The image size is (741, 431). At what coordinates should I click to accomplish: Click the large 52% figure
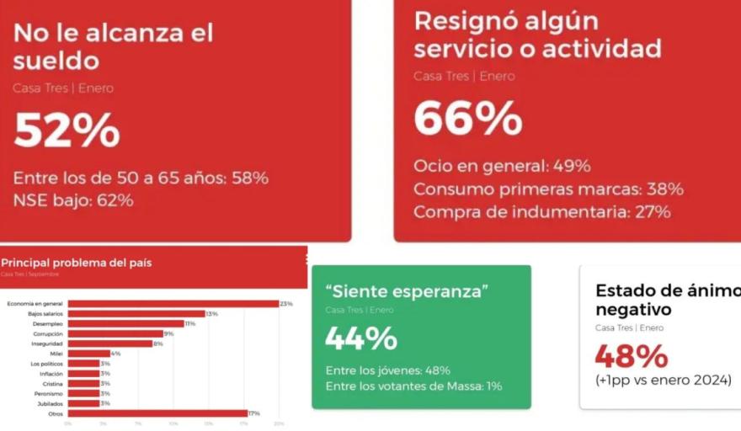[67, 130]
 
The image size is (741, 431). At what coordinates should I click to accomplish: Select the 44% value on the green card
[361, 338]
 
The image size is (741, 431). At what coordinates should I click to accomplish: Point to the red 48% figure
[632, 356]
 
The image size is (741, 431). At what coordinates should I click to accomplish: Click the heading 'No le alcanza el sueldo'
[113, 46]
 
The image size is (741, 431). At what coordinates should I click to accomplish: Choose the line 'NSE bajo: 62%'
[73, 200]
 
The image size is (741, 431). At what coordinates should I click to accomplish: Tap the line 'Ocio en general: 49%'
[502, 166]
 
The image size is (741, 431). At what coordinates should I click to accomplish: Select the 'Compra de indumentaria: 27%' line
[541, 211]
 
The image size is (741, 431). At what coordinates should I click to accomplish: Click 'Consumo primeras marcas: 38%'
[548, 189]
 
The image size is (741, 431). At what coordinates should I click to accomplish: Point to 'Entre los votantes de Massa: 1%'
[413, 386]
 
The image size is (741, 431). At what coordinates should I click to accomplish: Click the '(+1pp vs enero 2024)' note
[664, 380]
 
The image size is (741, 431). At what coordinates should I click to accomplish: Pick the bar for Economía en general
[173, 303]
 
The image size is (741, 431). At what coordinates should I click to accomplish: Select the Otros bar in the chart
[157, 413]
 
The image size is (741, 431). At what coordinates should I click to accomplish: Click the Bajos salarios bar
[136, 313]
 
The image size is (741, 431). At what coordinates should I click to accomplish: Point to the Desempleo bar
[125, 323]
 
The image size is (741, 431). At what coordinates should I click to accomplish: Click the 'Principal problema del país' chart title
[77, 263]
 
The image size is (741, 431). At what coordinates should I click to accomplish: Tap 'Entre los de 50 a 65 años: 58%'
[141, 178]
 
